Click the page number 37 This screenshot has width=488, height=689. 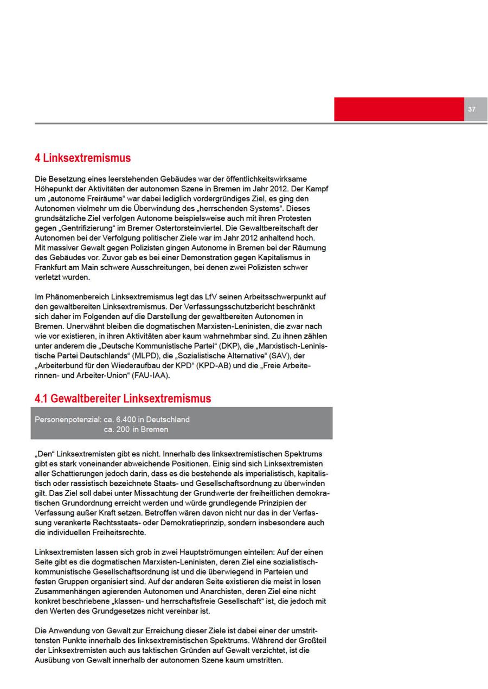click(471, 110)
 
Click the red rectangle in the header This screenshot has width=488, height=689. click(399, 109)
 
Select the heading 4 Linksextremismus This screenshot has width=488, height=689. click(82, 158)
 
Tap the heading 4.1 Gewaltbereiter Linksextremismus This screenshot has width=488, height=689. click(123, 398)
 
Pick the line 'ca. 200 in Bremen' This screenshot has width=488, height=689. click(136, 429)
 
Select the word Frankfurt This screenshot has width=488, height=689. click(51, 267)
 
